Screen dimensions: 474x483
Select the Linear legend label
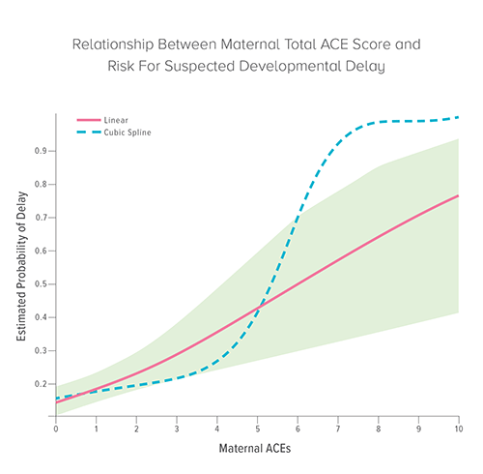116,119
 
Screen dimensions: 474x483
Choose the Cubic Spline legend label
127,131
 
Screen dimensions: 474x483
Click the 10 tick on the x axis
457,427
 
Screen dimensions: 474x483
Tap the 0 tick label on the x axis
56,427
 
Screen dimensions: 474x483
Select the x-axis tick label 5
257,427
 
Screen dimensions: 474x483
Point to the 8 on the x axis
378,427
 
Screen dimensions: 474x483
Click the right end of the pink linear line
458,195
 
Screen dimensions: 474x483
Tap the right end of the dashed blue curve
458,117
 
